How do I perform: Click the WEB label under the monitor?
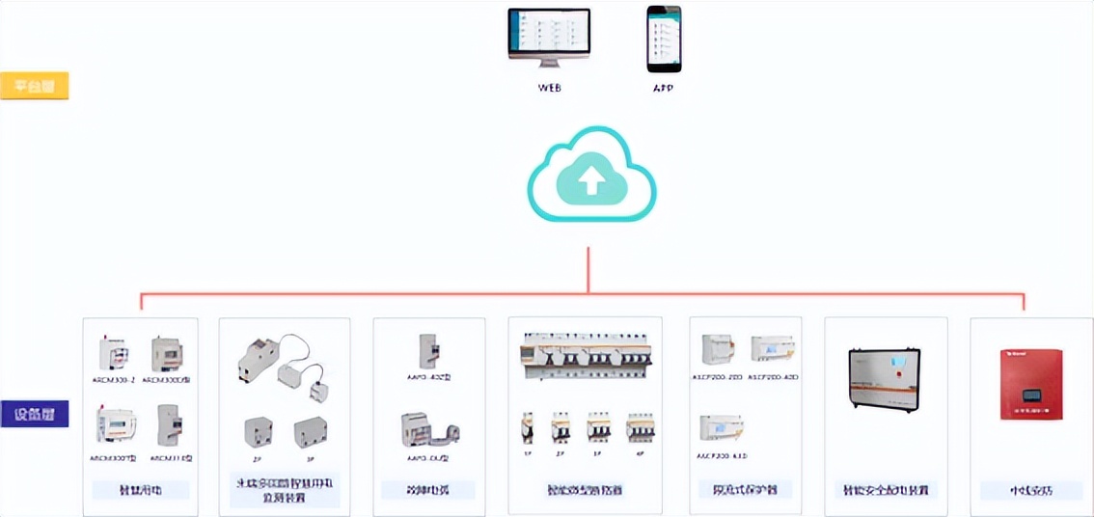point(549,88)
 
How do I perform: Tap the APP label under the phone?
point(663,88)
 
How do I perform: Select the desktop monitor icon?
point(549,40)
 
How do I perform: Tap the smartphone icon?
point(663,39)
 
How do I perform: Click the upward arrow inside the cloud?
point(590,177)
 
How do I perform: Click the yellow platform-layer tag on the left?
point(35,86)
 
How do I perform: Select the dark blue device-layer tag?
point(35,414)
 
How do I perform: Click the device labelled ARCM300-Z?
point(113,354)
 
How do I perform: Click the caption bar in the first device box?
point(140,490)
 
